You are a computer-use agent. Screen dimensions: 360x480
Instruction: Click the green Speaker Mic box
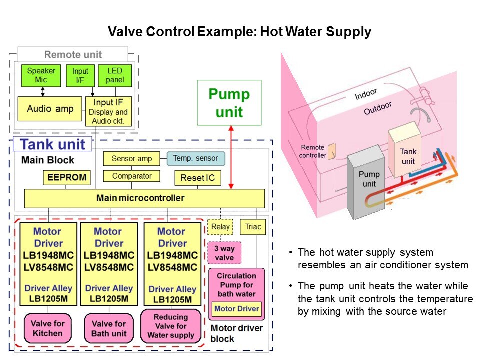click(x=41, y=75)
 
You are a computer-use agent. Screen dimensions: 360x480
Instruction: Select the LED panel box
click(x=115, y=75)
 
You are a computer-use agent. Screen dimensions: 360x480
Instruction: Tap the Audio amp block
click(x=50, y=109)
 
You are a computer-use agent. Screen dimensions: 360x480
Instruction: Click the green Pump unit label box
click(x=229, y=102)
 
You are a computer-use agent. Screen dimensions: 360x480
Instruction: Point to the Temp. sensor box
click(x=195, y=159)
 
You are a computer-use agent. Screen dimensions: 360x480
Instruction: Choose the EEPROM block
click(x=67, y=177)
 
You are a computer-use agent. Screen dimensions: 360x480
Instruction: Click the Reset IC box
click(x=197, y=178)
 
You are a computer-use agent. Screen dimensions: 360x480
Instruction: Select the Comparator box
click(x=131, y=176)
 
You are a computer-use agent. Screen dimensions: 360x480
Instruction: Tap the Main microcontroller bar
click(x=144, y=198)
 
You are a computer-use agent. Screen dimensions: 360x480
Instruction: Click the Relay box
click(x=220, y=227)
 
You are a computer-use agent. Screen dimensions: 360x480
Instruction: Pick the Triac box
click(x=253, y=227)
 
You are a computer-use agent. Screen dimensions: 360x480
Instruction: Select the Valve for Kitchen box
click(x=48, y=328)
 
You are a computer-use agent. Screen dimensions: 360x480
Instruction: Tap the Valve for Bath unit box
click(x=108, y=328)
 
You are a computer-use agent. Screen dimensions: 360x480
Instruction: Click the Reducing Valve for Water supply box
click(x=170, y=325)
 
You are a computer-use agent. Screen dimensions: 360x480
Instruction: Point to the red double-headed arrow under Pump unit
click(x=231, y=157)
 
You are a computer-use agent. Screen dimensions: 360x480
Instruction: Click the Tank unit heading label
click(x=52, y=145)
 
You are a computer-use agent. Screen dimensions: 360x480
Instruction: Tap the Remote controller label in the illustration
click(x=312, y=151)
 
